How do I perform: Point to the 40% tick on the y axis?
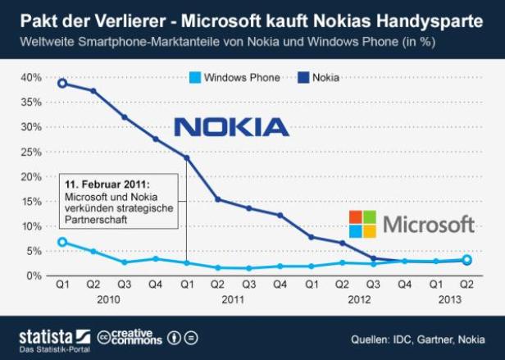point(30,77)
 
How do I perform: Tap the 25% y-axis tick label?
point(30,152)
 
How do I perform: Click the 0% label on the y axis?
point(34,276)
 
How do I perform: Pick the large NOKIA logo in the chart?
point(232,126)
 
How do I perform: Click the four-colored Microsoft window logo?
point(362,224)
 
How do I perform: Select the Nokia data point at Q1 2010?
point(62,83)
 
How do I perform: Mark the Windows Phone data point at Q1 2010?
point(62,242)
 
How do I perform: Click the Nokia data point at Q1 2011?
point(186,157)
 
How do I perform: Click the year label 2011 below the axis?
point(233,300)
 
